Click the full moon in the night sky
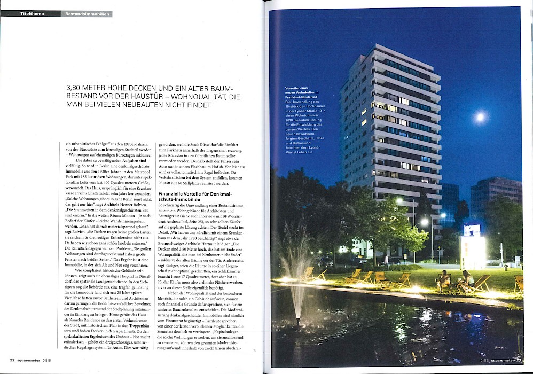(480, 117)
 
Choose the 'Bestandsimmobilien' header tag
(86, 13)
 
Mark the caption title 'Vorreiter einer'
(301, 87)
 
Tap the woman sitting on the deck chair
(467, 279)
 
